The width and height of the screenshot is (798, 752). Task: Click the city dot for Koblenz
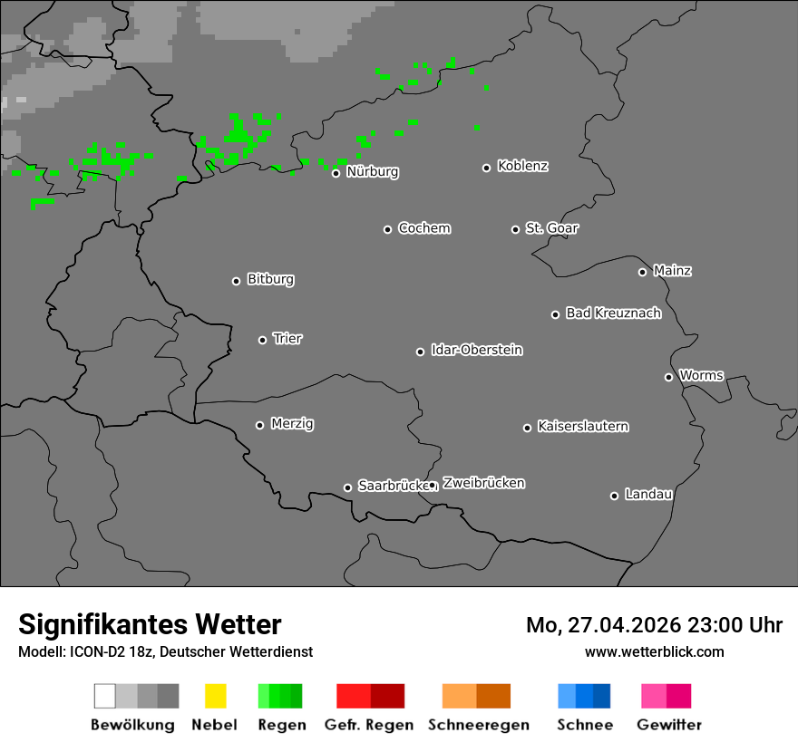[x=487, y=168]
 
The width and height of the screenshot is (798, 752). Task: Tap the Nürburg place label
[x=373, y=171]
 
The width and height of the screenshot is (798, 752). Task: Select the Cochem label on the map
[x=424, y=228]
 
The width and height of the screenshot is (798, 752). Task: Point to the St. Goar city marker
[x=516, y=229]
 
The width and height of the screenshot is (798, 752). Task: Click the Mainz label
[x=673, y=271]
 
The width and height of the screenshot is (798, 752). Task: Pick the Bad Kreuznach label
[x=613, y=313]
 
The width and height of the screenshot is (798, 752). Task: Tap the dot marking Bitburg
[x=237, y=281]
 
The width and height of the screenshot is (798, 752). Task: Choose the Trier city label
[x=287, y=339]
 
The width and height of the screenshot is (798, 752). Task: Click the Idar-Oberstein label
[x=477, y=351]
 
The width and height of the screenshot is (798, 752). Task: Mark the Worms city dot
[x=669, y=377]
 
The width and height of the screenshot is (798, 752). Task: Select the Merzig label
[x=292, y=424]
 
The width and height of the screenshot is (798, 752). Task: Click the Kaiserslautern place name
[x=583, y=427]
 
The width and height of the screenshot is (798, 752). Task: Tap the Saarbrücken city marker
[x=347, y=487]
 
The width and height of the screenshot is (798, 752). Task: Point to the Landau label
[x=648, y=495]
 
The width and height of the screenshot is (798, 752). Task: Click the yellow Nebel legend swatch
[x=215, y=696]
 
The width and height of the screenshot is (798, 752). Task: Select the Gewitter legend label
[x=669, y=725]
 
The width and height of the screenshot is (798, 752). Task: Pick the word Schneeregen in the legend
[x=476, y=725]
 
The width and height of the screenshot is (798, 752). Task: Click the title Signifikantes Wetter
[x=150, y=624]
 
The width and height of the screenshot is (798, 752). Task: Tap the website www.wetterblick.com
[x=655, y=651]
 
